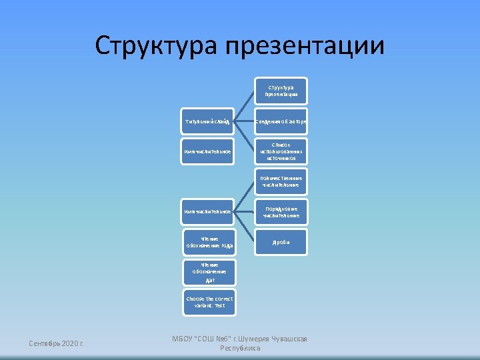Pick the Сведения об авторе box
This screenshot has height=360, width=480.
point(281,121)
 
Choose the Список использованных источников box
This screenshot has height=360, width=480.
point(281,151)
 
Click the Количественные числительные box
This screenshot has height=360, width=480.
point(281,181)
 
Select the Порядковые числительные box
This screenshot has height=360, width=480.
point(281,211)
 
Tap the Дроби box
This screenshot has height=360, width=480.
point(281,242)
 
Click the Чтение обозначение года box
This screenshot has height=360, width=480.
point(209,242)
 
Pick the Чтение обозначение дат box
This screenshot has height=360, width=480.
point(209,272)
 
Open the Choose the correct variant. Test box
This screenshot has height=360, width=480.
point(209,302)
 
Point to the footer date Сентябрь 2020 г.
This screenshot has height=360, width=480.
point(57,343)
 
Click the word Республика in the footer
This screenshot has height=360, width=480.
point(239,348)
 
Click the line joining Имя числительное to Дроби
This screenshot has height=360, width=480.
point(245,227)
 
